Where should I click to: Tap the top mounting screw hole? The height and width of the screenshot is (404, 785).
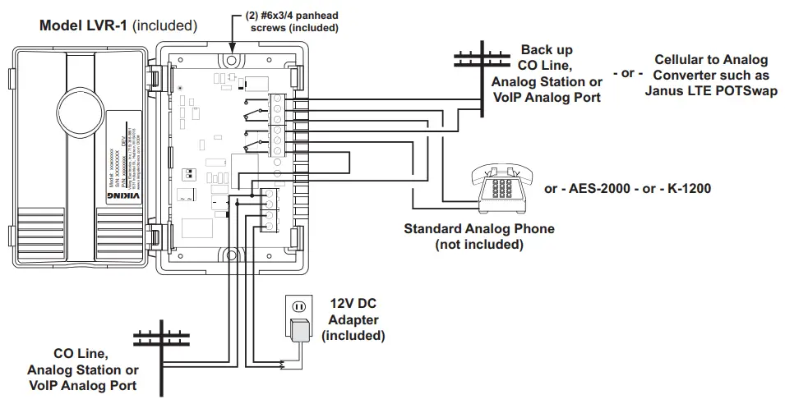coord(232,61)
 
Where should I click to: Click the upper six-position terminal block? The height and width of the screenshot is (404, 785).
coord(279,128)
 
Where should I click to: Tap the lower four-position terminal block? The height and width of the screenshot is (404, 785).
coord(267,209)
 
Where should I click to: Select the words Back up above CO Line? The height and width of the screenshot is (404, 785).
coord(547,50)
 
